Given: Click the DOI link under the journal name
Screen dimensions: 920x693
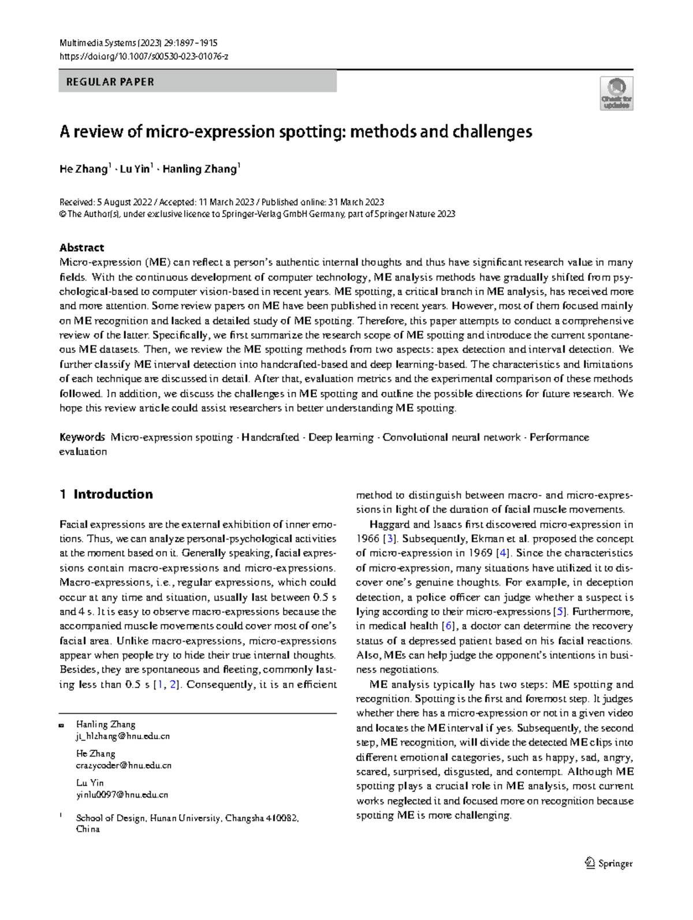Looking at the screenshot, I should [144, 56].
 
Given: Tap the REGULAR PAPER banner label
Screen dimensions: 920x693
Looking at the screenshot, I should [110, 82].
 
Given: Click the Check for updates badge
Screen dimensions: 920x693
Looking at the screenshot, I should [616, 94].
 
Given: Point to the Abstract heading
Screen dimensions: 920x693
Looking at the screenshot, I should [81, 248].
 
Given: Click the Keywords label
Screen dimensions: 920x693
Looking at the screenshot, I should [82, 437].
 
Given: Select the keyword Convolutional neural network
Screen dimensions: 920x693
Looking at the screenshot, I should [451, 437].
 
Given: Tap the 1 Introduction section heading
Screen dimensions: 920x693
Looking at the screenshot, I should [106, 494].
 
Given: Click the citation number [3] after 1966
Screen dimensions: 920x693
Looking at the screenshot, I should [391, 539].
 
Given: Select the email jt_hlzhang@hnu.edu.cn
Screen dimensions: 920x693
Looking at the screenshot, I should [123, 736].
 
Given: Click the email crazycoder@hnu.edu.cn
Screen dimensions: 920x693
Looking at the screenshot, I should [124, 766].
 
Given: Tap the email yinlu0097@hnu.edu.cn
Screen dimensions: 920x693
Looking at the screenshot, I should [122, 795].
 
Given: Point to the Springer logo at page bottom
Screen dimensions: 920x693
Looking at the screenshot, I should [609, 863].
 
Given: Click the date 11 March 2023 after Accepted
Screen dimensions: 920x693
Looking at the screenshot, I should [226, 202].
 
